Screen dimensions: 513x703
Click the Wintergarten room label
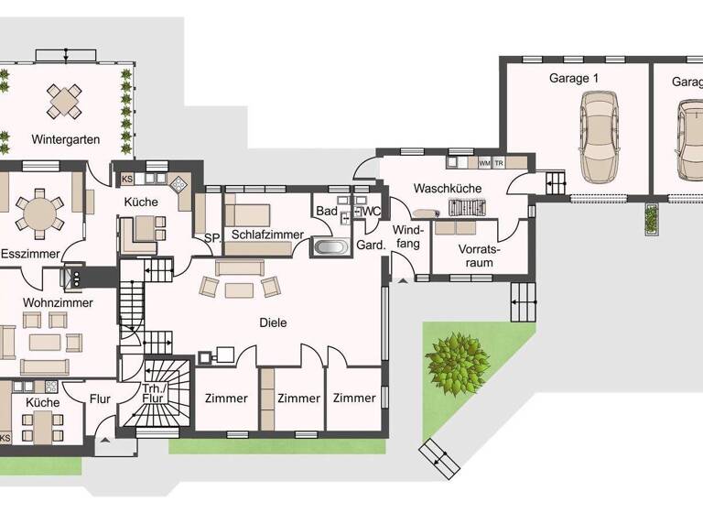coord(65,140)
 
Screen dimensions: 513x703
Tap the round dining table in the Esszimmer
coord(39,213)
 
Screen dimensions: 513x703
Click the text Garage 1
coord(574,79)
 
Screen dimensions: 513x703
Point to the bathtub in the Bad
coord(330,246)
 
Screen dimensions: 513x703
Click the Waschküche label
coord(448,188)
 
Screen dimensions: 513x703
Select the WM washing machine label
coord(484,163)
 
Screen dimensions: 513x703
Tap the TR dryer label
coord(499,163)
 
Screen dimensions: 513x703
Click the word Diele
coord(274,322)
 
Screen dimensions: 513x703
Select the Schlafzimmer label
coord(266,235)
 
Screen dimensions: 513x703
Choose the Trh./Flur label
coord(153,394)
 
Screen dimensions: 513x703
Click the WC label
coord(371,212)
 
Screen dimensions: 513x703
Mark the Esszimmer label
coord(30,254)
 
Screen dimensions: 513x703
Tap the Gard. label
coord(369,246)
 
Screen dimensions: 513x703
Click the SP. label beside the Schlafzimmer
coord(211,237)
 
